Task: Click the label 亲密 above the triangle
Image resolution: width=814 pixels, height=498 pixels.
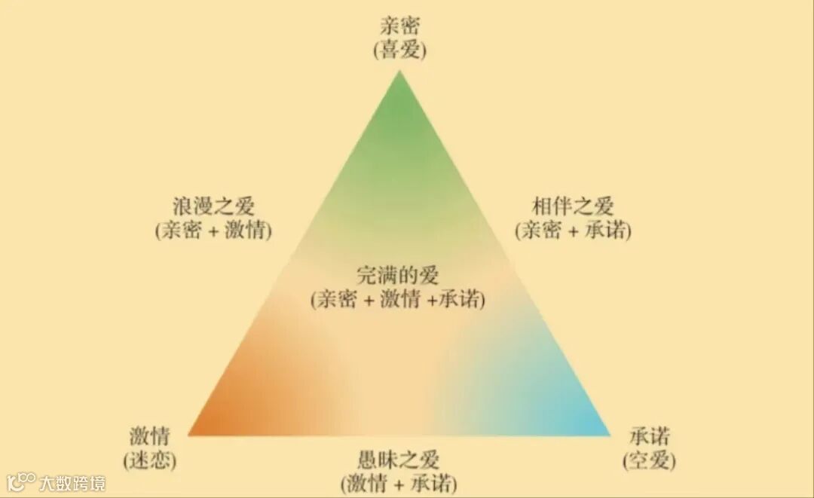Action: [x=399, y=29]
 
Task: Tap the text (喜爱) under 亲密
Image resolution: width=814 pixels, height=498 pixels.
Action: [x=399, y=50]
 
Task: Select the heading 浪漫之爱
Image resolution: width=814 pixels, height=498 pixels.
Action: [x=213, y=206]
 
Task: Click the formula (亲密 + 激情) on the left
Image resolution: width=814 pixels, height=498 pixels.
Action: [x=213, y=231]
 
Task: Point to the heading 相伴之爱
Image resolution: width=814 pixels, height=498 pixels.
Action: [x=573, y=206]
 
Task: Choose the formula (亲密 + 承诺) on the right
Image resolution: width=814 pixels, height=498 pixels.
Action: [x=573, y=231]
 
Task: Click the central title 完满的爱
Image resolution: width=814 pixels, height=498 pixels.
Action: [x=398, y=275]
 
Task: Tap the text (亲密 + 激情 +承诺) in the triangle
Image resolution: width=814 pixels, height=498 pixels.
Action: [x=398, y=299]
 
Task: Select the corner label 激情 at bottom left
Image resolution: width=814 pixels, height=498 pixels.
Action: [x=149, y=436]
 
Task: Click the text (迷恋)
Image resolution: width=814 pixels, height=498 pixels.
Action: [x=149, y=460]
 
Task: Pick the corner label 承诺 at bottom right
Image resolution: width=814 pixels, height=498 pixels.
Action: [x=649, y=436]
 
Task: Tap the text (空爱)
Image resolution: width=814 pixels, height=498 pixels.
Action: [x=649, y=460]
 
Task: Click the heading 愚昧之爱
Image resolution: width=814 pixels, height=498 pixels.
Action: [x=399, y=459]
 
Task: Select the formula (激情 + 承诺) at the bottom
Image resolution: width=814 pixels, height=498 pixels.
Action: [x=399, y=482]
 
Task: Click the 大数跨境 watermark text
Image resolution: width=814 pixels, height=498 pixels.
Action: [x=73, y=482]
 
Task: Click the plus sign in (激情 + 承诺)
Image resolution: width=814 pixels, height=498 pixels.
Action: [x=399, y=483]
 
